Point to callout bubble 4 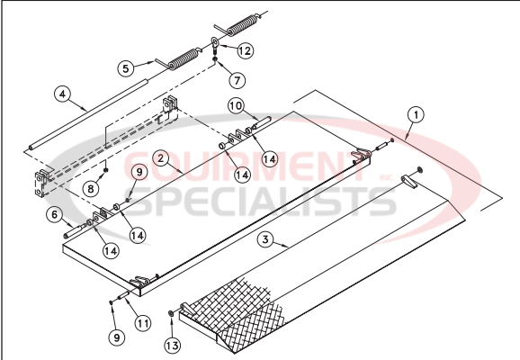[61, 93]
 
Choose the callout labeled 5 [127, 67]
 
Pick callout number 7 [236, 80]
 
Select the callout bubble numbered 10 [234, 106]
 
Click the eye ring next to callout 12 [217, 43]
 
